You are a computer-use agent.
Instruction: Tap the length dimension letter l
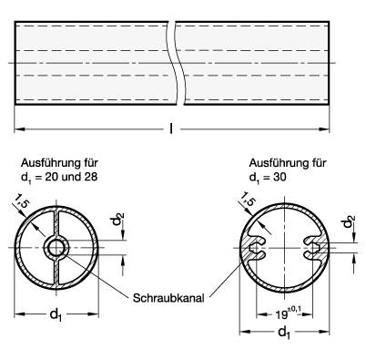[x=174, y=128]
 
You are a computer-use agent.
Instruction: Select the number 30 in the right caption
[x=279, y=176]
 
